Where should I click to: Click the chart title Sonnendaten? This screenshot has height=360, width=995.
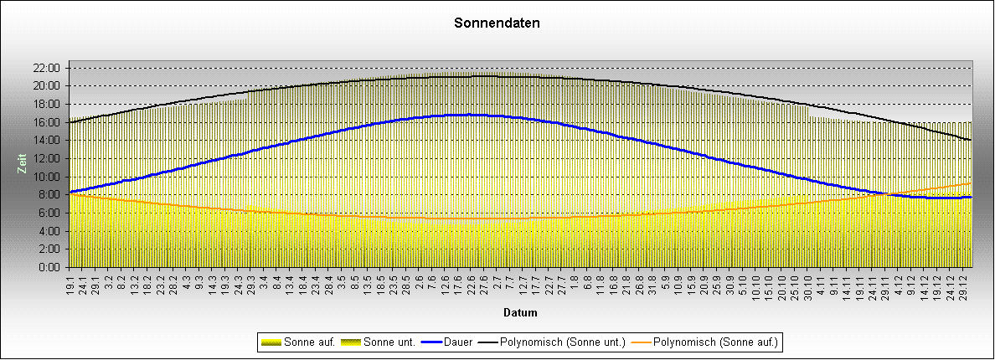(x=497, y=23)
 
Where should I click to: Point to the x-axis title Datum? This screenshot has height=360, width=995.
(x=520, y=313)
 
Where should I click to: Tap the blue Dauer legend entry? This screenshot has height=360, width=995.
(x=449, y=342)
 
